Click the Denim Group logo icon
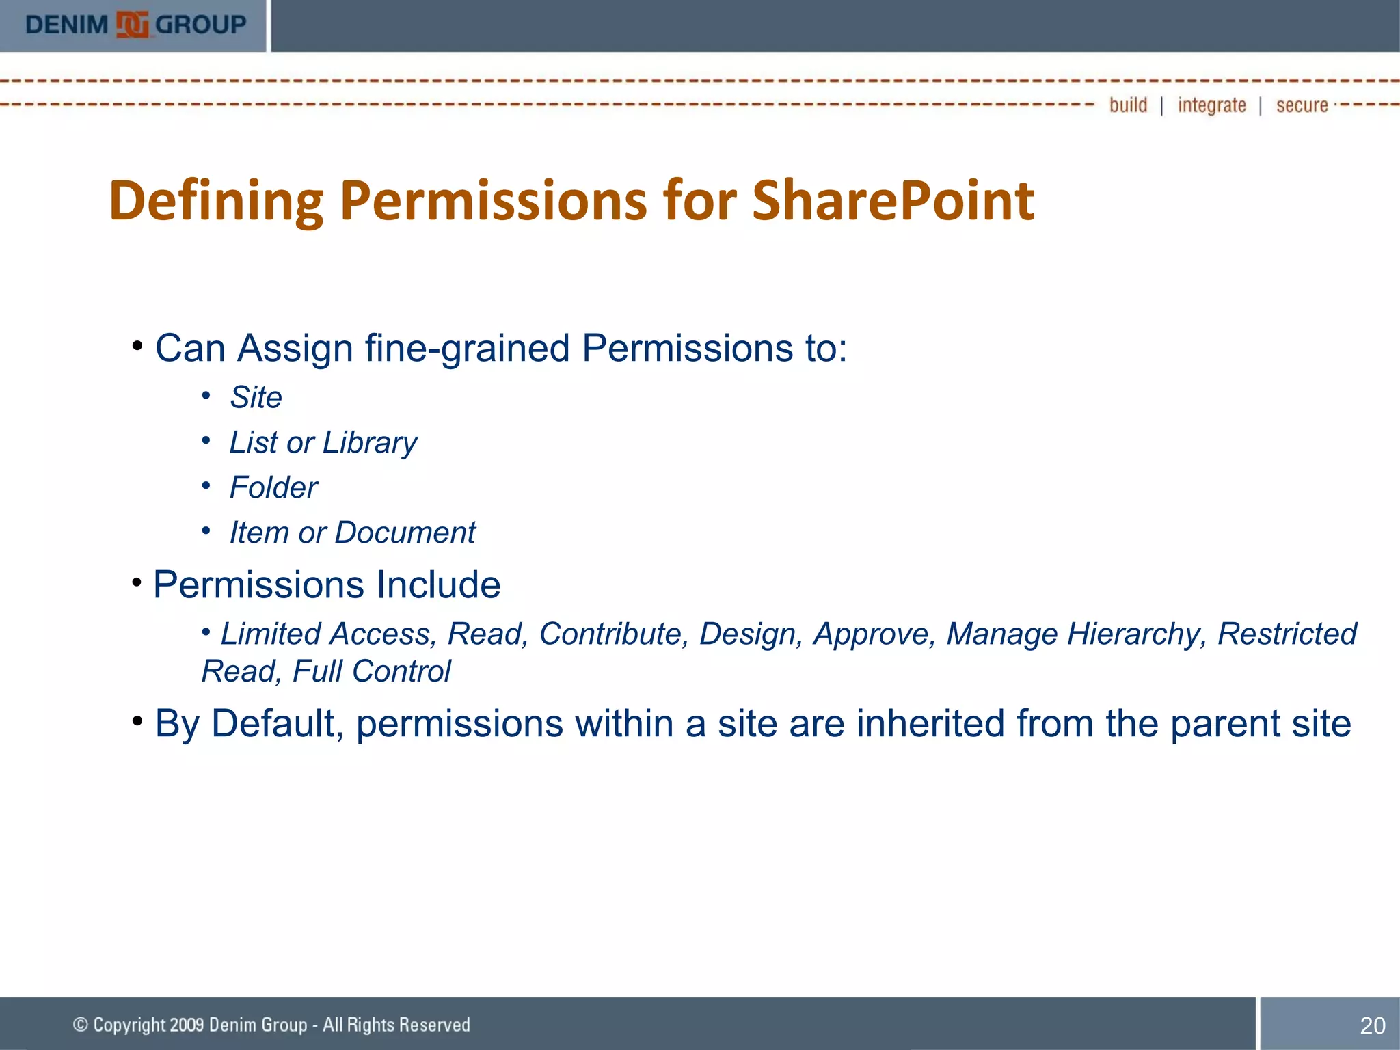132,25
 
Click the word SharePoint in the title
893,201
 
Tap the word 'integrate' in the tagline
1211,105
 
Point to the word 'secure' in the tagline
1302,105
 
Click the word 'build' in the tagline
1128,105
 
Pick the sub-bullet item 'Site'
256,397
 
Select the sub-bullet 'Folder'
273,487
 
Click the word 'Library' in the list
370,443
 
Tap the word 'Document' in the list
405,533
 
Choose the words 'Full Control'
371,671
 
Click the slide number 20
1372,1025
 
